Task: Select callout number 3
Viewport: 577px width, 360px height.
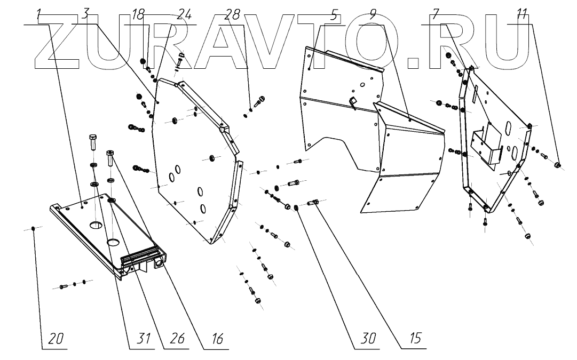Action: [x=84, y=15]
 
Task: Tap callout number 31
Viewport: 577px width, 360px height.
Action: [x=142, y=339]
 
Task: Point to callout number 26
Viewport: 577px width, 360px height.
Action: [x=177, y=339]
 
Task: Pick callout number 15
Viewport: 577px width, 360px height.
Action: [x=414, y=339]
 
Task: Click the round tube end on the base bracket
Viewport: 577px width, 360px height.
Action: [x=160, y=263]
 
